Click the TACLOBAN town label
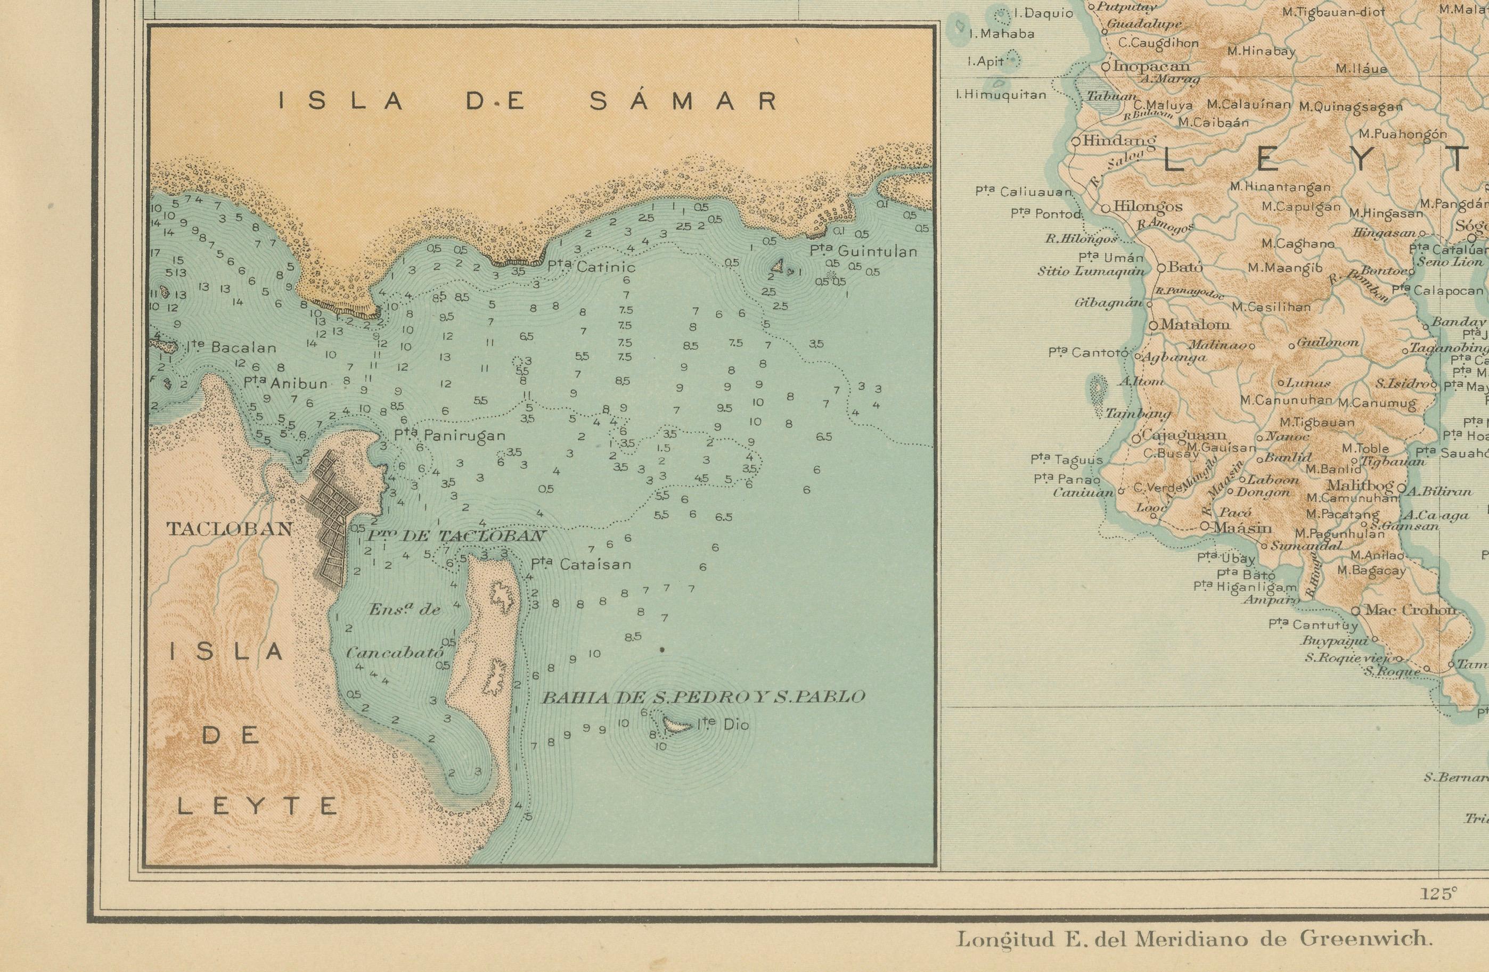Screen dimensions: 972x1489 tap(230, 529)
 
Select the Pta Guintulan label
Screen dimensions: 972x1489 tap(863, 251)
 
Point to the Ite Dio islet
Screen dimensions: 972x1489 tap(676, 726)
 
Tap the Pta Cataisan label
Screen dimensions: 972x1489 tap(580, 564)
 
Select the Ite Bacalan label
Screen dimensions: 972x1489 tap(232, 347)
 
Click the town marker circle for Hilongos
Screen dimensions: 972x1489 tap(1106, 208)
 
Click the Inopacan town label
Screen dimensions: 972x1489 tap(1151, 67)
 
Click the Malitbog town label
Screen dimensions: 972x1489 tap(1360, 486)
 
